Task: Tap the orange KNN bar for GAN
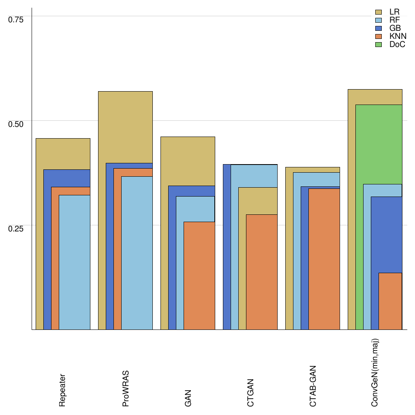[199, 276]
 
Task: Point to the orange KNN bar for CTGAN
[262, 272]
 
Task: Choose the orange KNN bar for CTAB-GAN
[324, 259]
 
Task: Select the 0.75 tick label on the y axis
[16, 19]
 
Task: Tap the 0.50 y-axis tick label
[16, 124]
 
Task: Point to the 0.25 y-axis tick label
[16, 228]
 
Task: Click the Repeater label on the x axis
[62, 390]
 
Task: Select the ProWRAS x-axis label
[125, 389]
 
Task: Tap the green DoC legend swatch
[379, 45]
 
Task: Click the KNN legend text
[398, 36]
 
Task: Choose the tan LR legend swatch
[379, 12]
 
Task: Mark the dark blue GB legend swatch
[379, 28]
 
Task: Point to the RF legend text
[395, 20]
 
